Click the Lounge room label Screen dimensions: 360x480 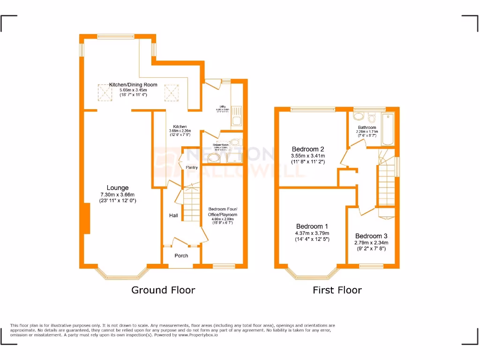(x=117, y=188)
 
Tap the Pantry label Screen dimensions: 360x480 (x=192, y=167)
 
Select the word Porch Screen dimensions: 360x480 (x=181, y=255)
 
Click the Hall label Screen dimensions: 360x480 (x=173, y=216)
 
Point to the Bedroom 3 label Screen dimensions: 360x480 (x=371, y=236)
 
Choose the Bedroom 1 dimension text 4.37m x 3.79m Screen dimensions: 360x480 (x=312, y=233)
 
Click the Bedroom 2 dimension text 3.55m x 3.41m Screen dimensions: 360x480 (x=308, y=156)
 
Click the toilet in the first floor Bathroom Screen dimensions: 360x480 (x=372, y=117)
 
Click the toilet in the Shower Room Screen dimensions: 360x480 (x=235, y=142)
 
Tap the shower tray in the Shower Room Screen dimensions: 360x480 (x=232, y=158)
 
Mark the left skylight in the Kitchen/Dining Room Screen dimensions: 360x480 (x=105, y=92)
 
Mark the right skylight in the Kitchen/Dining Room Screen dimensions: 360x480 (x=172, y=92)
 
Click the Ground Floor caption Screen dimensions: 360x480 (x=163, y=290)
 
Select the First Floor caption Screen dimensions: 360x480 (x=337, y=290)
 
